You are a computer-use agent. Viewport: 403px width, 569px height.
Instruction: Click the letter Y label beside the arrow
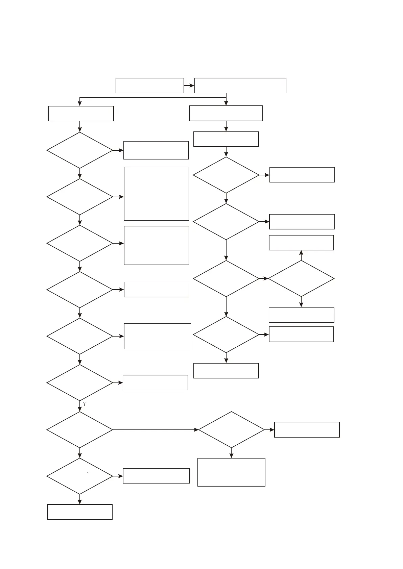(84, 404)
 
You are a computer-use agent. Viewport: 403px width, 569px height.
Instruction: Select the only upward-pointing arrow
(301, 255)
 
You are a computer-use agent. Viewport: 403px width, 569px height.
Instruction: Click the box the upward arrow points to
(301, 243)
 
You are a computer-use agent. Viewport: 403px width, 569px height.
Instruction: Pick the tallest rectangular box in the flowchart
(156, 194)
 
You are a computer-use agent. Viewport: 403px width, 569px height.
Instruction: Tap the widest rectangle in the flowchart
(240, 85)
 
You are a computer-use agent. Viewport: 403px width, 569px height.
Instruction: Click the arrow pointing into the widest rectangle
(189, 86)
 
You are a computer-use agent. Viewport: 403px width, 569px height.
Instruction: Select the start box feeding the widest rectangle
(150, 85)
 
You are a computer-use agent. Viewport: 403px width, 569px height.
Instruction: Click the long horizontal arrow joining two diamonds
(156, 430)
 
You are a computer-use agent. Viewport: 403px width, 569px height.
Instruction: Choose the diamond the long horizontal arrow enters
(231, 430)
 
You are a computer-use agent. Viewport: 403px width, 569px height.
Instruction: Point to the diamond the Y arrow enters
(80, 430)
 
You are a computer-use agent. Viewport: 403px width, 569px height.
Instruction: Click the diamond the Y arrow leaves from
(80, 383)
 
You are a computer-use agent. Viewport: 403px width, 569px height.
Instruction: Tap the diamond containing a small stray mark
(80, 476)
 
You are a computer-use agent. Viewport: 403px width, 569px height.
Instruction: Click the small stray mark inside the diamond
(88, 473)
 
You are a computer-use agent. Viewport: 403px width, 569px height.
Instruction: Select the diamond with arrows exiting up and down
(301, 279)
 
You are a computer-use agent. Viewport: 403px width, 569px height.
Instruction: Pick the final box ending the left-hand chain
(80, 512)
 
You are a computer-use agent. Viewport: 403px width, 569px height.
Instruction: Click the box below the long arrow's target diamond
(231, 472)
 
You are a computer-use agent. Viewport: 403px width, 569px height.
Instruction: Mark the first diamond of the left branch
(80, 150)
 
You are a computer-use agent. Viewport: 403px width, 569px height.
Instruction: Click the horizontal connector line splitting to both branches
(152, 98)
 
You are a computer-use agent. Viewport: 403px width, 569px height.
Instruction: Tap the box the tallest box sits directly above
(156, 245)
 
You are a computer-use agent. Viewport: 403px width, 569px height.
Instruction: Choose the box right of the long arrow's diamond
(307, 430)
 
